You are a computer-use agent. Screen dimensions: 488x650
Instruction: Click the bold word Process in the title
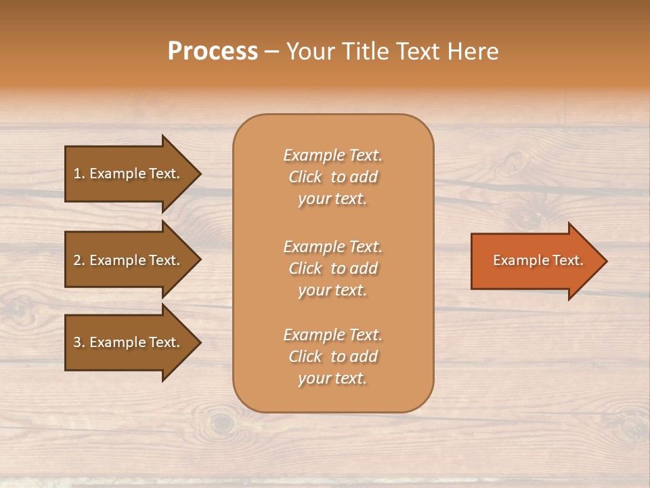coord(213,52)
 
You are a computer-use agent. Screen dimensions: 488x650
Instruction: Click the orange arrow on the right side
coord(535,260)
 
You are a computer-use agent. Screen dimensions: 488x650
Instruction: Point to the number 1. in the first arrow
coord(79,174)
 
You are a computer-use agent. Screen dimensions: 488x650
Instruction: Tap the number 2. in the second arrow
coord(79,260)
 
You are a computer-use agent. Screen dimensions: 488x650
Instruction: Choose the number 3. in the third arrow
coord(79,342)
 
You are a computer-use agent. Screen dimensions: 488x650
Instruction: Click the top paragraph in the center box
coord(332,177)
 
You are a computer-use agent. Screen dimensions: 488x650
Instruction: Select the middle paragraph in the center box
coord(332,268)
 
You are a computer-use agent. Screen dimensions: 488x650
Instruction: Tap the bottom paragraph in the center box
coord(332,357)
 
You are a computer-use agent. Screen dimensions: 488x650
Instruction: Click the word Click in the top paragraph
coord(305,177)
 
